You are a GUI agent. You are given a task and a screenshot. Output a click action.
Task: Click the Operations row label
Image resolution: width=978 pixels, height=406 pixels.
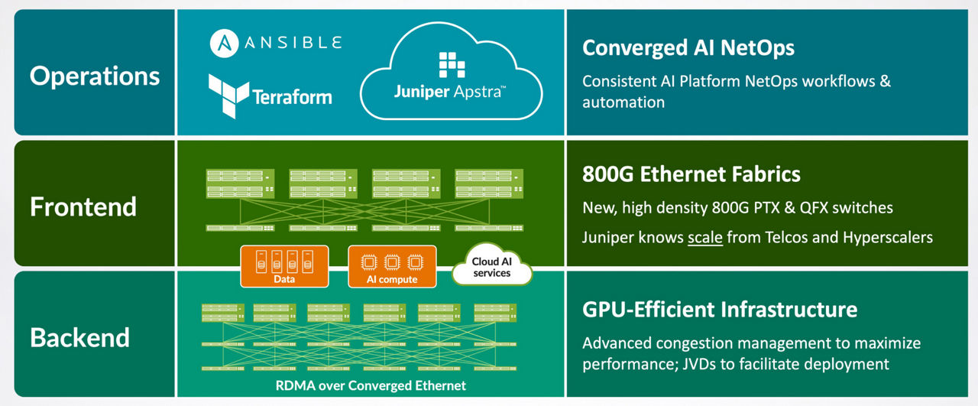tap(95, 76)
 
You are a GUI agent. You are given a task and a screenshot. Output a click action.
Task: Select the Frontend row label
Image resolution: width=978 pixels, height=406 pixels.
tap(83, 206)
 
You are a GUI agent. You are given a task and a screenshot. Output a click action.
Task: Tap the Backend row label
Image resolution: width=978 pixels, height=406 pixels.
tap(79, 337)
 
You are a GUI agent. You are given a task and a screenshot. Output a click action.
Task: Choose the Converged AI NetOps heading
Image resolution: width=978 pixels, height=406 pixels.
tap(688, 48)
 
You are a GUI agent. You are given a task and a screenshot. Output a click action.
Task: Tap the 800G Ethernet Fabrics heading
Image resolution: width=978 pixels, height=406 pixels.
tap(691, 174)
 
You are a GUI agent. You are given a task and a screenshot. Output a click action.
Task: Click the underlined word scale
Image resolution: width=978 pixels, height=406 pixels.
tap(704, 237)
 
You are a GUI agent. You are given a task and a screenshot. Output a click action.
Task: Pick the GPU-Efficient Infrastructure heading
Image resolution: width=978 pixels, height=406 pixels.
tap(720, 310)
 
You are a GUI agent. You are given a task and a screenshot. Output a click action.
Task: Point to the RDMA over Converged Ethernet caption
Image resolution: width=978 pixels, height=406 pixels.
tap(371, 385)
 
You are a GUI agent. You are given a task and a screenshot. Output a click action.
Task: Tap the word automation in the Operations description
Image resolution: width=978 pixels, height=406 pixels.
tap(623, 102)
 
